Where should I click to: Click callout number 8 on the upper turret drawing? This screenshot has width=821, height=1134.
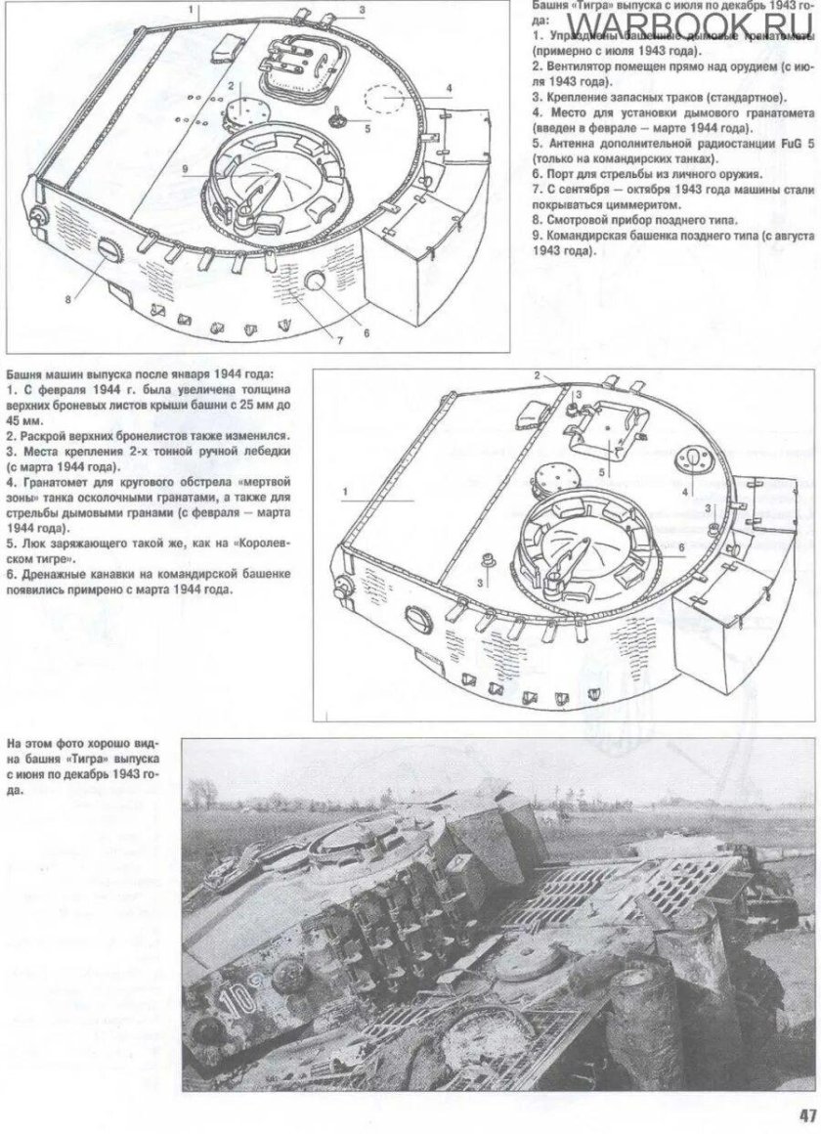pyautogui.click(x=67, y=299)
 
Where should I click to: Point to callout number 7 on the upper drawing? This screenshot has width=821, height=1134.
pyautogui.click(x=339, y=338)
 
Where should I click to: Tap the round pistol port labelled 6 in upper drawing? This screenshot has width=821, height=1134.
pyautogui.click(x=318, y=282)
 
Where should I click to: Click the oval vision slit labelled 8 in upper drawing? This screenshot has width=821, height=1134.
pyautogui.click(x=108, y=252)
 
